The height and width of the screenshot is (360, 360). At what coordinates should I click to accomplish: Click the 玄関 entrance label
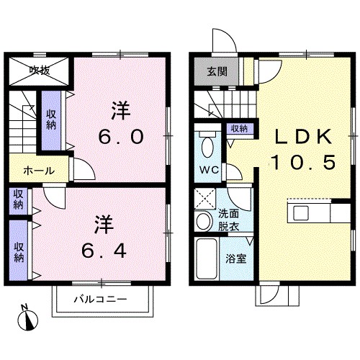[217, 71]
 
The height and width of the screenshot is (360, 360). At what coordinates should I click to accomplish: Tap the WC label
[210, 170]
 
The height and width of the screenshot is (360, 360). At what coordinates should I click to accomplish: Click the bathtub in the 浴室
[207, 259]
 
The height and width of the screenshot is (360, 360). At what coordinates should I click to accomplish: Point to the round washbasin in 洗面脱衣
[204, 221]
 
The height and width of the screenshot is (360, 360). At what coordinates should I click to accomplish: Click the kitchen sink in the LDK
[301, 213]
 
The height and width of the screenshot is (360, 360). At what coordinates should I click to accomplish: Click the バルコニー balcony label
[100, 300]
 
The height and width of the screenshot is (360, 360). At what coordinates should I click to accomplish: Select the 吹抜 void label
[40, 71]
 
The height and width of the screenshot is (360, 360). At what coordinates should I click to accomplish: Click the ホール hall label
[39, 171]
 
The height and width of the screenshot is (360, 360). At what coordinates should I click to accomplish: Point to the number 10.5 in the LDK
[303, 162]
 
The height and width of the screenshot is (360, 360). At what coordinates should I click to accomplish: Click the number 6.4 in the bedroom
[104, 251]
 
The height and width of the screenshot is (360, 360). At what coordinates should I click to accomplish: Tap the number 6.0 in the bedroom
[121, 137]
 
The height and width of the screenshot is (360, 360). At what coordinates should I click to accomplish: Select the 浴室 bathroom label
[236, 259]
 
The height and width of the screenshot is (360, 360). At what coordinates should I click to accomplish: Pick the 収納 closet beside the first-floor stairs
[239, 129]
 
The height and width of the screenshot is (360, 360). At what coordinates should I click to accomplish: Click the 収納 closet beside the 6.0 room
[51, 120]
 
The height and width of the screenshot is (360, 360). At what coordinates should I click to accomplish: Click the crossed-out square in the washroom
[204, 199]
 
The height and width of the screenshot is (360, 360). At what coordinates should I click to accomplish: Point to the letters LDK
[303, 137]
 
